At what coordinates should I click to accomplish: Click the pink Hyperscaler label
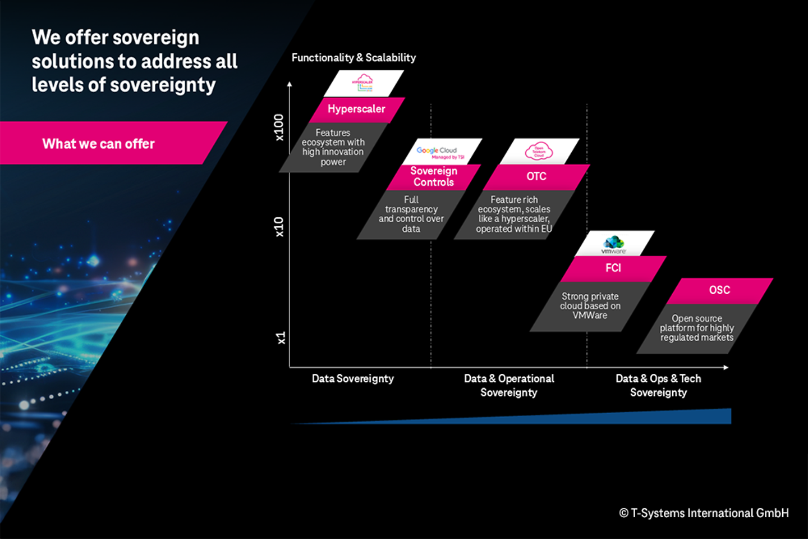(356, 109)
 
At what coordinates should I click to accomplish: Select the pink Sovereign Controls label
(434, 177)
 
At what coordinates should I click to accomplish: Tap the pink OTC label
(536, 176)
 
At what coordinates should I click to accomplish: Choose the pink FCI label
(613, 268)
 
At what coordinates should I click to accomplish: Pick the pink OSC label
(719, 290)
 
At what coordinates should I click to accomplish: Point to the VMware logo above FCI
(613, 244)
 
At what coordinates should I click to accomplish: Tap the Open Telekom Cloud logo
(539, 151)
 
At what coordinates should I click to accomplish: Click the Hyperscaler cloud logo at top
(363, 83)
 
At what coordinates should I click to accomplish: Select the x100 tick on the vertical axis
(279, 127)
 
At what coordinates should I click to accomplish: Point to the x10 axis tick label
(279, 227)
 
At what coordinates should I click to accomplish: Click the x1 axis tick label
(281, 338)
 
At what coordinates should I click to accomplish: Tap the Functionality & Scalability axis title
(353, 58)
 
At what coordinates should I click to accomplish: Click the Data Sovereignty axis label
(353, 379)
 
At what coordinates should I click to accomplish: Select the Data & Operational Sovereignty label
(509, 386)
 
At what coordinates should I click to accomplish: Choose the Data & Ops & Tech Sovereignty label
(658, 386)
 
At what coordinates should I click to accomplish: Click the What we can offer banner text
(99, 144)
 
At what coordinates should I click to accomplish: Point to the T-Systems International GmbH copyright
(704, 513)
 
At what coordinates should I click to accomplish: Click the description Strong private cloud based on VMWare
(590, 306)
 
